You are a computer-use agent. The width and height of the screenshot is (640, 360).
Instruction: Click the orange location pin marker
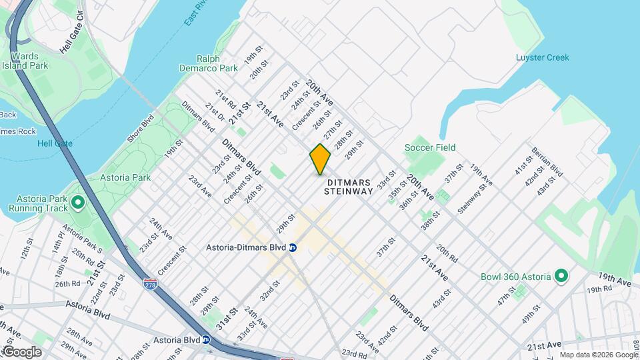(320, 159)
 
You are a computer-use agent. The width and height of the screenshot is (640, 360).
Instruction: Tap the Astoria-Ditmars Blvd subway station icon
(293, 247)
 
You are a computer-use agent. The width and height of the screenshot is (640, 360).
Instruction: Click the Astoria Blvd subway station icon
(206, 339)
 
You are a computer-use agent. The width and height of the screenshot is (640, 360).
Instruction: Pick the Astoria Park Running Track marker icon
(77, 201)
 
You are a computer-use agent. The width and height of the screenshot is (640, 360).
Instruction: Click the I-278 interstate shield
(150, 285)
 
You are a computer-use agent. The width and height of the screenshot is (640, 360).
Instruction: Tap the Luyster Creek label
(543, 57)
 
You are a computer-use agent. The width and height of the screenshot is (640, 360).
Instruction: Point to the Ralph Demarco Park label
(209, 63)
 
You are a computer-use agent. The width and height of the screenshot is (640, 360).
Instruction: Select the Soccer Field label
(431, 147)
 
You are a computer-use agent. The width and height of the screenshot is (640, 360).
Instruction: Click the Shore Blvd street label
(141, 129)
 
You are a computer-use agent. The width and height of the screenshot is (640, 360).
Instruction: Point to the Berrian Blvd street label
(547, 162)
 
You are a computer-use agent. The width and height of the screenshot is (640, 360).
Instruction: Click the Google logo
(21, 352)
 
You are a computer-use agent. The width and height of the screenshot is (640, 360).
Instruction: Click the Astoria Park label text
(125, 177)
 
